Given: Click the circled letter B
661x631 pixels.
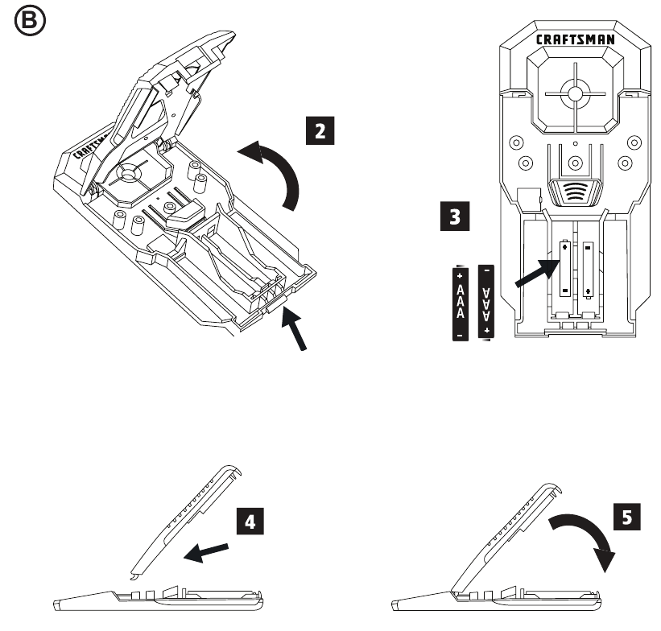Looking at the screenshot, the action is click(x=30, y=20).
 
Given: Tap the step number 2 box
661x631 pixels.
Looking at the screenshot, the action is click(x=320, y=130).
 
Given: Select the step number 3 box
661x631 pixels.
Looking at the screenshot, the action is click(x=455, y=217).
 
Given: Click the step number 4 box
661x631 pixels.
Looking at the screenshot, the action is click(x=250, y=522).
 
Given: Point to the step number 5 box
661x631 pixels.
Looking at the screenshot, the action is click(x=627, y=517).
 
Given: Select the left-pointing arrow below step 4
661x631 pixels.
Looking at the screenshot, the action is click(x=206, y=553).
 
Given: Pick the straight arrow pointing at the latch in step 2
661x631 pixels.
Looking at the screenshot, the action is click(x=294, y=328).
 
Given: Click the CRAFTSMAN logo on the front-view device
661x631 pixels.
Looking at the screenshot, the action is click(x=575, y=39).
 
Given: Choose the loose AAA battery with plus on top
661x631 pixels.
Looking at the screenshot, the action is click(x=460, y=303).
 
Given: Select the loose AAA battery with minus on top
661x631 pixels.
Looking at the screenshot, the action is click(x=486, y=302).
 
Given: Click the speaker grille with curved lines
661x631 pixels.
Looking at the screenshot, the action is click(x=575, y=192).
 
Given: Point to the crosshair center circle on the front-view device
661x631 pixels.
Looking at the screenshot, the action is click(x=575, y=93).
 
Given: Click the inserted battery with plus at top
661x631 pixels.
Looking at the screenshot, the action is click(x=565, y=269).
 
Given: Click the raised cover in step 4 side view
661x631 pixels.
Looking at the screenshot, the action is click(x=185, y=522).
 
